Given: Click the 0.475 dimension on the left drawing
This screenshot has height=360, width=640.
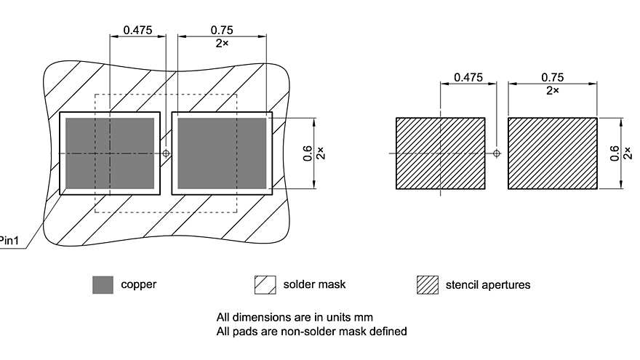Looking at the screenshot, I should click(137, 30).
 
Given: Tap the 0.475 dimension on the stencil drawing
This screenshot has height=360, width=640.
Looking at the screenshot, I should click(468, 77).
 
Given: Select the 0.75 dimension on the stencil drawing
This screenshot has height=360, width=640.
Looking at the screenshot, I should click(553, 77).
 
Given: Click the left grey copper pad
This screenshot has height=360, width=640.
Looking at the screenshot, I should click(110, 153).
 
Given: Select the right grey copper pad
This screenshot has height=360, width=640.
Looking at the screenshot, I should click(222, 153).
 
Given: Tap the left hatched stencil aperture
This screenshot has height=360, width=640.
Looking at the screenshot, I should click(440, 153).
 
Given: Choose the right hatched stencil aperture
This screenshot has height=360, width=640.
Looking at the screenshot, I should click(552, 153).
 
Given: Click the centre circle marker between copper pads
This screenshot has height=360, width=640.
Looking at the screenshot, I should click(167, 153).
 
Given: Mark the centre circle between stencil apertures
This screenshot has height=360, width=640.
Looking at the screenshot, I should click(497, 153).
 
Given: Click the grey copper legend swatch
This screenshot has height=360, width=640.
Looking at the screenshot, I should click(103, 285).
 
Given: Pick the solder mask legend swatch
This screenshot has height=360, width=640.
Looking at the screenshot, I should click(265, 285).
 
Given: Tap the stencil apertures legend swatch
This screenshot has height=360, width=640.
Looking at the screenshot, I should click(427, 285).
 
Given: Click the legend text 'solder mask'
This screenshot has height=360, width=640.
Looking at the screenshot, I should click(314, 284).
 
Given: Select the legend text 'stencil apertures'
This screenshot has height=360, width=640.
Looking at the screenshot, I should click(487, 284).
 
